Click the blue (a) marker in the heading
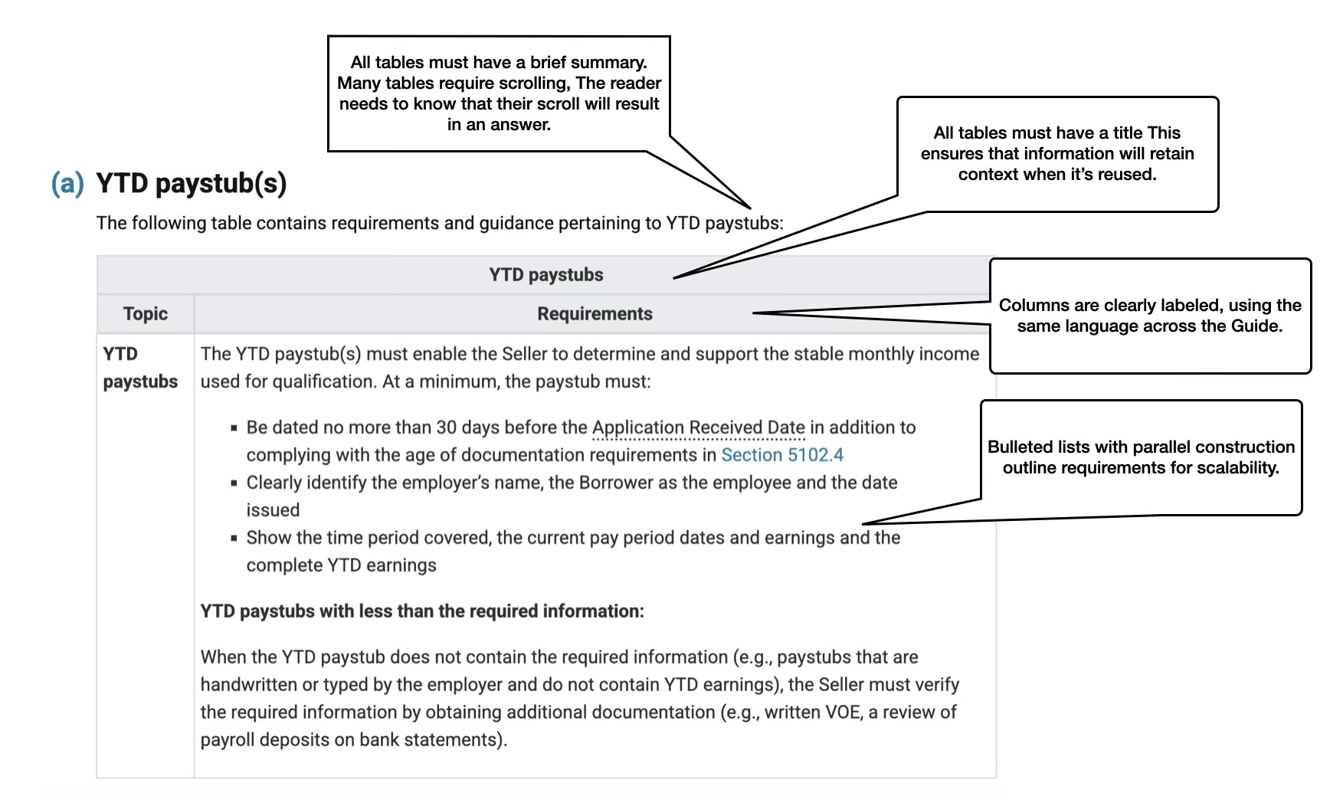tap(67, 184)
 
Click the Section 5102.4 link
tap(782, 455)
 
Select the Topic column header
tap(146, 313)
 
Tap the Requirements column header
tap(595, 313)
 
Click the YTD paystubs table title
tap(546, 274)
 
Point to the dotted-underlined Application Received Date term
tap(699, 427)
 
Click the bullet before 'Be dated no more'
tap(234, 428)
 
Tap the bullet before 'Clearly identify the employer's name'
tap(234, 483)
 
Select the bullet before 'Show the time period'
tap(234, 539)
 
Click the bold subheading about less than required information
tap(422, 611)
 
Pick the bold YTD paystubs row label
tap(140, 368)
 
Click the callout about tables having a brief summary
tap(499, 93)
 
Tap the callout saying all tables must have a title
tap(1057, 153)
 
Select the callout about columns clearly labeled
tap(1150, 316)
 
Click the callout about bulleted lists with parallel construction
tap(1141, 457)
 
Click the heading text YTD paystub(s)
tap(191, 184)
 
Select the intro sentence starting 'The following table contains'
tap(440, 223)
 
